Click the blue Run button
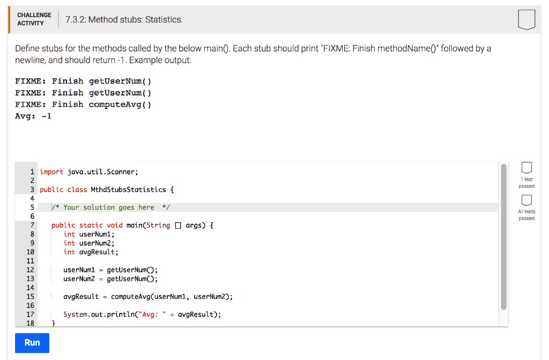(x=32, y=343)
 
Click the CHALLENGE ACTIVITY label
(x=34, y=19)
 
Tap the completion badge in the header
(x=526, y=20)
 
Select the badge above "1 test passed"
(x=526, y=167)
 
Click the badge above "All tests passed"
(x=526, y=200)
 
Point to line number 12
(x=31, y=269)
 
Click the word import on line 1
(x=51, y=172)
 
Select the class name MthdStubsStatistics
(x=128, y=189)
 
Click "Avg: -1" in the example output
(x=33, y=116)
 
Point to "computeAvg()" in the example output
(x=120, y=105)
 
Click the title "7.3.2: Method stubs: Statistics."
(x=124, y=20)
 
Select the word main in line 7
(x=134, y=225)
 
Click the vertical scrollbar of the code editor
(x=503, y=237)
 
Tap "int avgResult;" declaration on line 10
(x=91, y=252)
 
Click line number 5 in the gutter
(x=32, y=207)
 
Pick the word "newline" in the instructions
(x=29, y=60)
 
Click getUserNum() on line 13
(x=132, y=278)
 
